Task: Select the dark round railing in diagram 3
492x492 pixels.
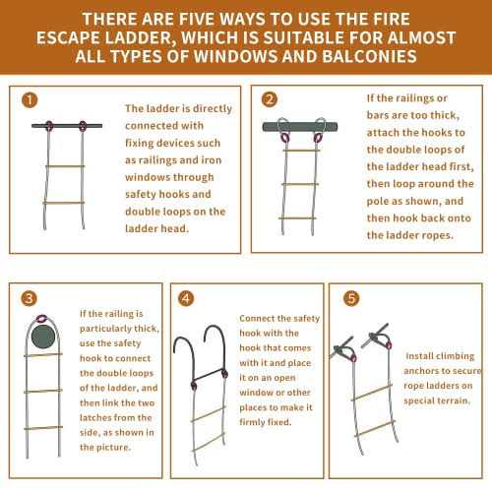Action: (43, 338)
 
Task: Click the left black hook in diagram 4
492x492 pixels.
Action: (182, 353)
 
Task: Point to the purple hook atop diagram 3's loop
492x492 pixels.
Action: (43, 318)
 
